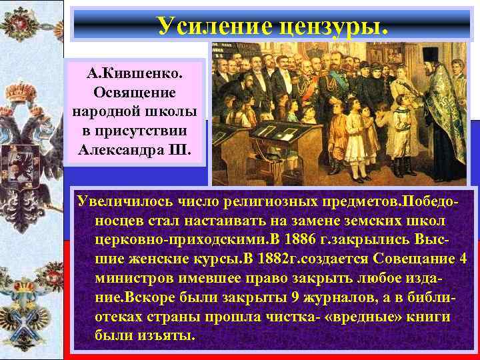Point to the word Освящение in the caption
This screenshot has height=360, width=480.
(x=134, y=91)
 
